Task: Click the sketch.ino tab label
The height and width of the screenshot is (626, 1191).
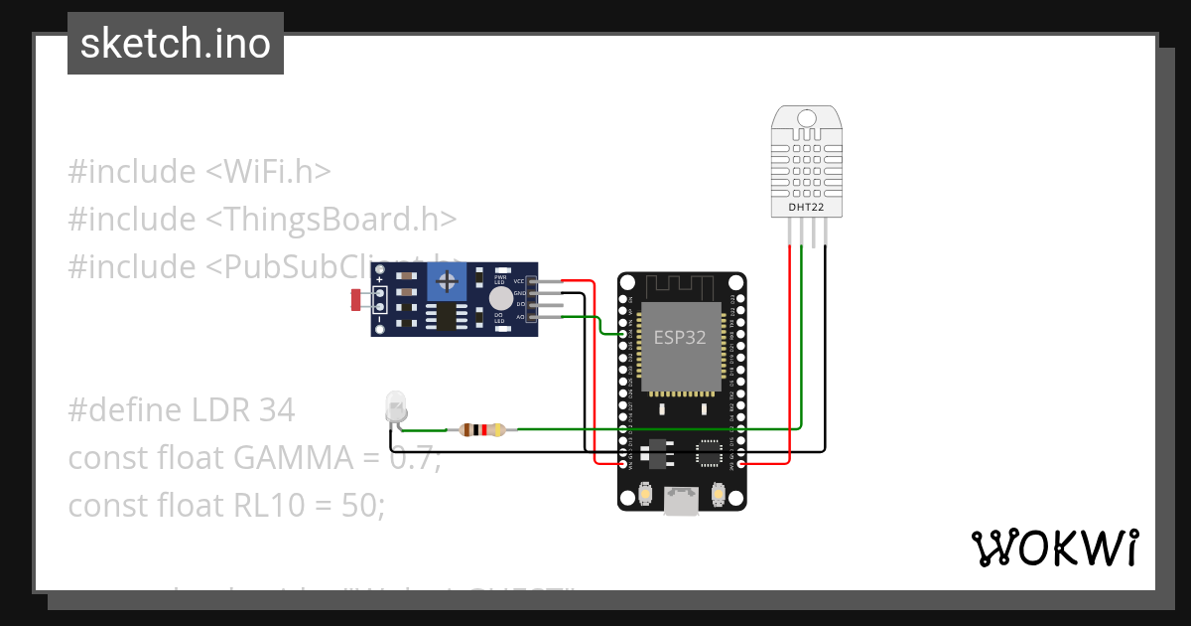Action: (175, 44)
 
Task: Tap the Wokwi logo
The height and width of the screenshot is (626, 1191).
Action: (1054, 548)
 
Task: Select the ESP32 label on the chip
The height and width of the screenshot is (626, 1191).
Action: (679, 337)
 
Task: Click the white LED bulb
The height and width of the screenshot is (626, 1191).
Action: (394, 406)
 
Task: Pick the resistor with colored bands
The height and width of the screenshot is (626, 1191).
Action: (476, 430)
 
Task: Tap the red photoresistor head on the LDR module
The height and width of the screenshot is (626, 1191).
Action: (355, 297)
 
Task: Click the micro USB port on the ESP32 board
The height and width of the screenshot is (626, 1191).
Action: (681, 502)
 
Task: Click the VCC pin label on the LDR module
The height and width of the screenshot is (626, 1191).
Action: (518, 281)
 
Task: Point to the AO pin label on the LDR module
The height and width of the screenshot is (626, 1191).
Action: (519, 316)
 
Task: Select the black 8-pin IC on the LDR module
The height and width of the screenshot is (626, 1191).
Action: (447, 316)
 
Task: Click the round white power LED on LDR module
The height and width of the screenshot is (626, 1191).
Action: (501, 297)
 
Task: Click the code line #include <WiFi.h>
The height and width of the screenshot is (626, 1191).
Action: (198, 171)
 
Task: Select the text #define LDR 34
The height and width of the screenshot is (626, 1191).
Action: (181, 409)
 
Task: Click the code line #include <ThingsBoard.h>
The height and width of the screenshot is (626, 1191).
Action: (262, 219)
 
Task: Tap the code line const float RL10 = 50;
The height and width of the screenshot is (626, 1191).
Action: (226, 505)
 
